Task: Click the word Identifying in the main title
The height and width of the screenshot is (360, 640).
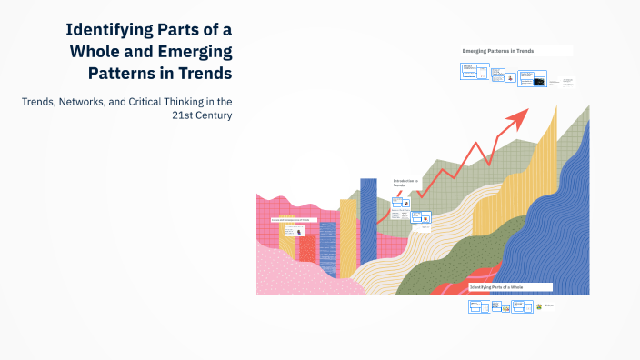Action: tap(109, 29)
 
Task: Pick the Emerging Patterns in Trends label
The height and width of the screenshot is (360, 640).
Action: tap(497, 52)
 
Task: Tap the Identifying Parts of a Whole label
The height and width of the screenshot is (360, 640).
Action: tap(496, 286)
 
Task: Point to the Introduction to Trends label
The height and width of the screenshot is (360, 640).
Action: tap(405, 183)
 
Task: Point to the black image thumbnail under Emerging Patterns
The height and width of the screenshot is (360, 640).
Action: tap(539, 81)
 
